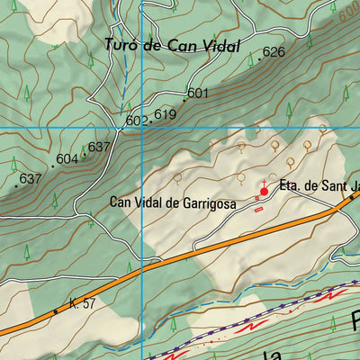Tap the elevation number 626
[274, 52]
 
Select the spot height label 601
[198, 93]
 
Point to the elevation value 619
[165, 114]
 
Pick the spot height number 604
[67, 159]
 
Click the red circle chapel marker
[265, 192]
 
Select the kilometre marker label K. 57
[80, 304]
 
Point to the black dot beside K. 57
[55, 311]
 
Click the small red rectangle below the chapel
[259, 211]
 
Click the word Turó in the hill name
[121, 46]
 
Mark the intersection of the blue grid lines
[142, 128]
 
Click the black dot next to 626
[259, 58]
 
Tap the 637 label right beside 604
[99, 148]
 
